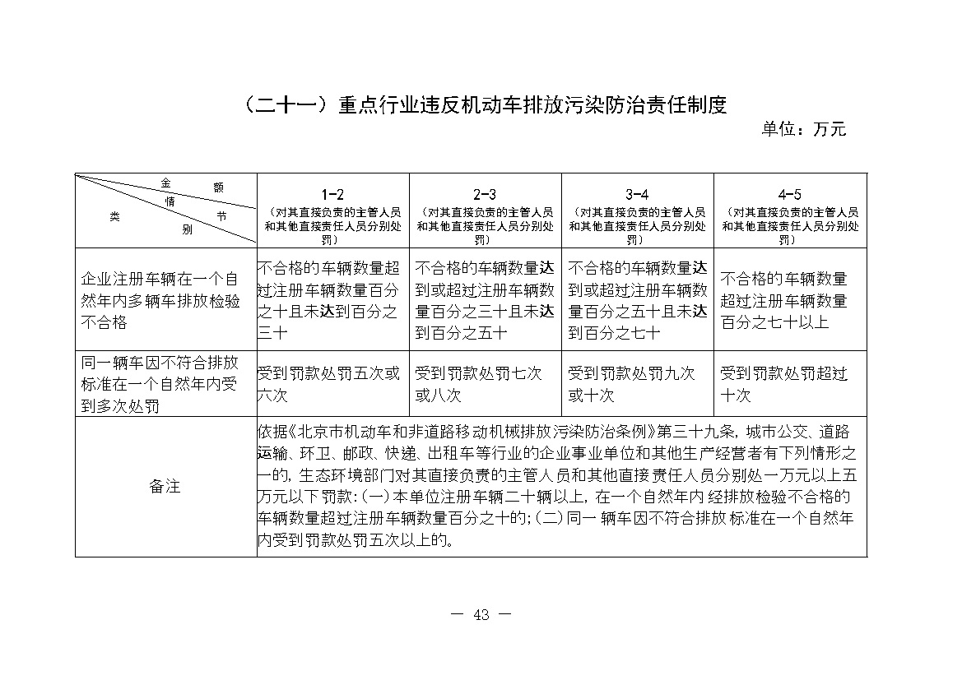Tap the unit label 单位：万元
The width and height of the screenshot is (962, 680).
[803, 129]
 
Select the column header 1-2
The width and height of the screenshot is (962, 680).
[332, 195]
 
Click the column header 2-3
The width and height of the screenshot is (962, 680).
[485, 195]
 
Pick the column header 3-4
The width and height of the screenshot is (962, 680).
[637, 195]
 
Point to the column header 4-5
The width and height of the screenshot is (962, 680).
[789, 195]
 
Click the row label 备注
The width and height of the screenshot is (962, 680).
[165, 487]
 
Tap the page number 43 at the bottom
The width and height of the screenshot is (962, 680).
[481, 614]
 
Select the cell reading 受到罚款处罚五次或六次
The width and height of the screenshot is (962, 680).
[329, 384]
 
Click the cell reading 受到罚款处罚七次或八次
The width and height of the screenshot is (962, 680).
[479, 384]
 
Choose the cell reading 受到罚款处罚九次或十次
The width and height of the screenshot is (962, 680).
[632, 384]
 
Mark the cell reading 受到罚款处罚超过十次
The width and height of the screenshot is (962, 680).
[783, 384]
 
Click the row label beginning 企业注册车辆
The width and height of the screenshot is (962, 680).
[160, 300]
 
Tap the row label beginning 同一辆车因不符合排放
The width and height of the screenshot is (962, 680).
[160, 384]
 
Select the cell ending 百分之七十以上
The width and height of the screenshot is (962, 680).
[783, 300]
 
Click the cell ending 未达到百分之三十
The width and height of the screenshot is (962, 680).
[329, 300]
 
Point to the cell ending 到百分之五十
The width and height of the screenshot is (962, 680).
[481, 300]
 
